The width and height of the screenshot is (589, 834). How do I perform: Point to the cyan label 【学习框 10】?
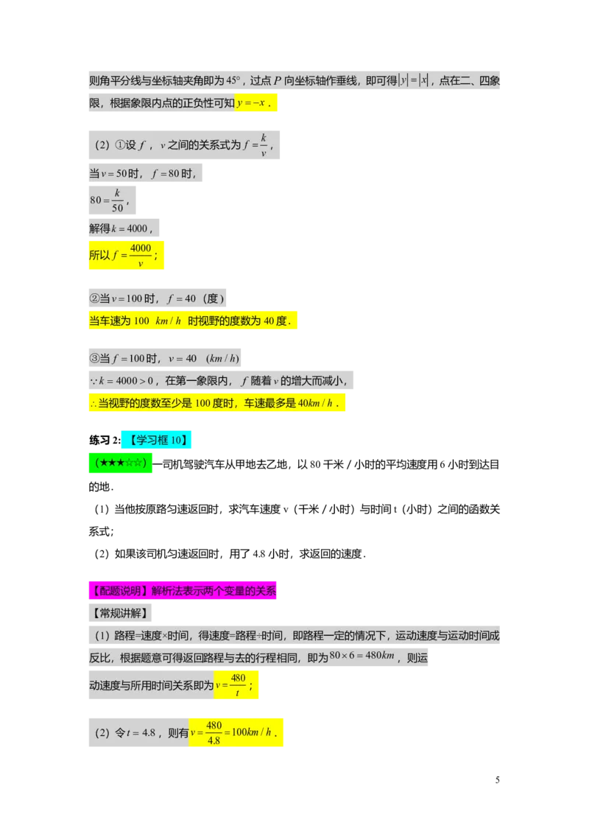[x=157, y=441]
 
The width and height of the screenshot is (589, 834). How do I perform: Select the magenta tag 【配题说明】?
[x=119, y=591]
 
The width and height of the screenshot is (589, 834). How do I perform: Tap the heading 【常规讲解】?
[x=119, y=613]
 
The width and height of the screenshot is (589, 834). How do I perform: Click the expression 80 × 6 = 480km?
[x=363, y=656]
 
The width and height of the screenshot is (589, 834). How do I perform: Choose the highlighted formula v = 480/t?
[x=233, y=685]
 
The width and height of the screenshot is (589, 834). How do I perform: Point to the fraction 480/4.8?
[x=214, y=733]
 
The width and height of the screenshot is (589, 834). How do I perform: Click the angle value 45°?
[x=233, y=80]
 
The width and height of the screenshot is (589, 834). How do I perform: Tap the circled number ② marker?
[x=94, y=298]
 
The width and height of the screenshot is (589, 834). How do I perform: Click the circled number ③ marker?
[x=94, y=359]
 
